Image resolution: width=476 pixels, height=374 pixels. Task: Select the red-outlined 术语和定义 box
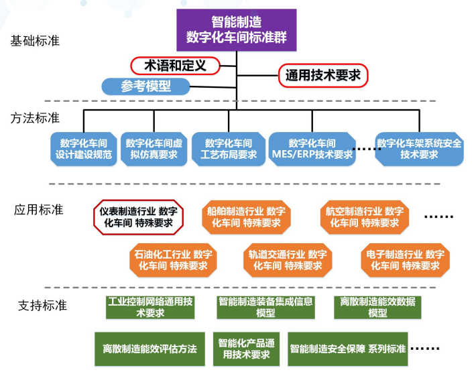pyautogui.click(x=175, y=65)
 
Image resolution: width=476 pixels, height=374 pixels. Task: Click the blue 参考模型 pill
pyautogui.click(x=145, y=86)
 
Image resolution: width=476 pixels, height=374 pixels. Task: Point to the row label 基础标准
pyautogui.click(x=35, y=41)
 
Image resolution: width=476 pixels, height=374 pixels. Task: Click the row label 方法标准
pyautogui.click(x=35, y=118)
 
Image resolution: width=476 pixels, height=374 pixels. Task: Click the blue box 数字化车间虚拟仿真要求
pyautogui.click(x=154, y=149)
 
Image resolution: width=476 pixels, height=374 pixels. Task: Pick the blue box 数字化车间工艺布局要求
pyautogui.click(x=229, y=149)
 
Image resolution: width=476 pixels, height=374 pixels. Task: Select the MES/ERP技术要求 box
pyautogui.click(x=312, y=149)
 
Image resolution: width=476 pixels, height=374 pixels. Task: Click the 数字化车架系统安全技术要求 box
pyautogui.click(x=419, y=149)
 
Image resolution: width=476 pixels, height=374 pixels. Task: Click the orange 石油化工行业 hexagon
pyautogui.click(x=173, y=259)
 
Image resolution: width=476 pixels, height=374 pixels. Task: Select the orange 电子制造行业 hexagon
pyautogui.click(x=405, y=259)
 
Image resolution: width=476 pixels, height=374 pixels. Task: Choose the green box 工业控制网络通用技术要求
pyautogui.click(x=150, y=307)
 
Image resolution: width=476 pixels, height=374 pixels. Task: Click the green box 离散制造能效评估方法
pyautogui.click(x=150, y=349)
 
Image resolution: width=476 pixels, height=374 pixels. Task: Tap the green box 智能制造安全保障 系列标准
pyautogui.click(x=348, y=349)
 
